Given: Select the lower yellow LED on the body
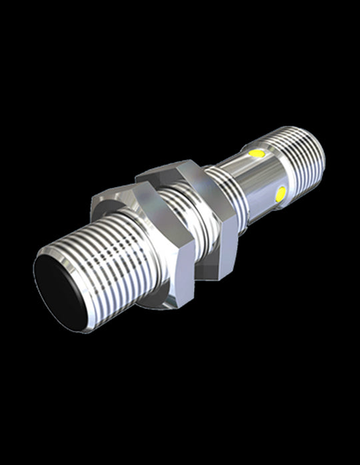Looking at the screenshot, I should [x=281, y=193].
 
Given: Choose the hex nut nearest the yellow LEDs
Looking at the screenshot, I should [x=200, y=213].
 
